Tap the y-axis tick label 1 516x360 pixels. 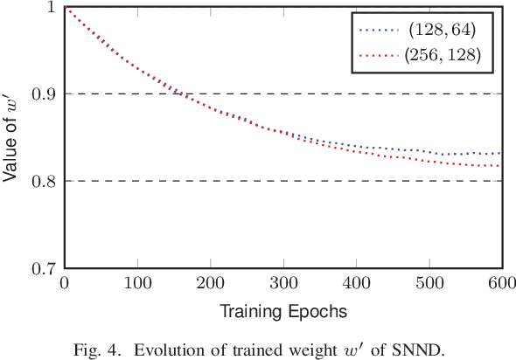click(x=52, y=7)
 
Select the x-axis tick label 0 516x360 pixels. click(x=64, y=284)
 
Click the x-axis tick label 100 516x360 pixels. click(x=136, y=284)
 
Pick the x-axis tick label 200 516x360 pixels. click(x=210, y=284)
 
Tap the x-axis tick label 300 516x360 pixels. click(x=282, y=284)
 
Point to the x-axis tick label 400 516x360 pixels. click(x=356, y=284)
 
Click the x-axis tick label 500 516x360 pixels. click(x=429, y=284)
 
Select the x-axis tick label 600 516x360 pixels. click(x=501, y=284)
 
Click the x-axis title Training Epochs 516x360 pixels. click(x=282, y=310)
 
